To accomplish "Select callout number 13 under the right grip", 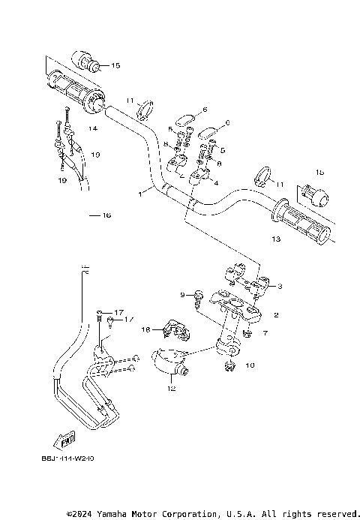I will [x=275, y=239].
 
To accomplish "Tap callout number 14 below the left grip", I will [x=94, y=128].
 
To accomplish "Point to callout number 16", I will [x=106, y=215].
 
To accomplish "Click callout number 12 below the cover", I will [x=172, y=389].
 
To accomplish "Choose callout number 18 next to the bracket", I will [x=147, y=329].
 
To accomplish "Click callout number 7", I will [x=264, y=332].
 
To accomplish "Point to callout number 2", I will [x=276, y=315].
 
